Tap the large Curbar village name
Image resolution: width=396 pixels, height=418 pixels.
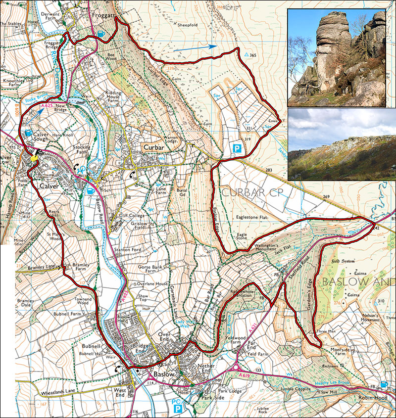[154, 147]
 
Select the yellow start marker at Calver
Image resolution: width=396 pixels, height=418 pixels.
[34, 159]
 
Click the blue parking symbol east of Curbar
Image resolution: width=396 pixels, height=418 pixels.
[237, 148]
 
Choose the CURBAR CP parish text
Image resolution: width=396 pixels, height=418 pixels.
[249, 192]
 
